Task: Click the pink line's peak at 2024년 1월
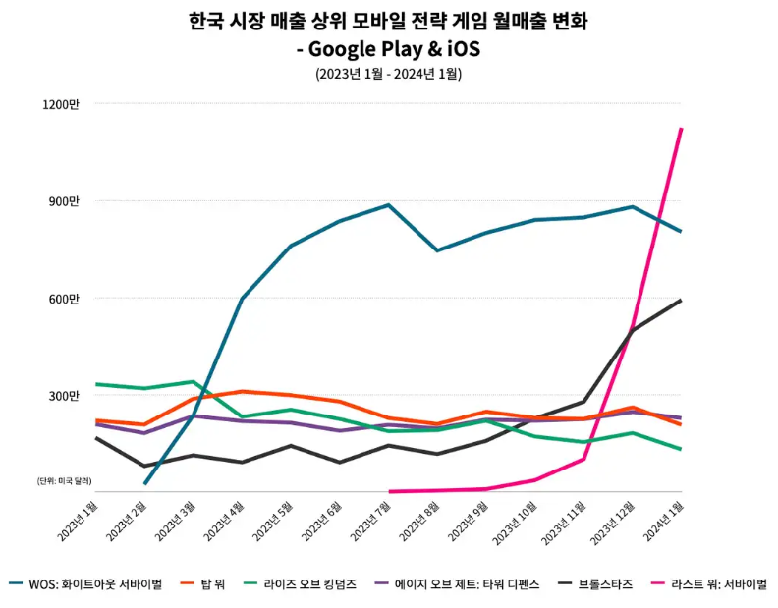682,129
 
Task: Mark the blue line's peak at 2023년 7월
389,205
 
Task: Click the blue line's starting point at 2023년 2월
144,483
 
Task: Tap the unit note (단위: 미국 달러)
66,480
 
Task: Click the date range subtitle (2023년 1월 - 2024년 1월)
389,74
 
